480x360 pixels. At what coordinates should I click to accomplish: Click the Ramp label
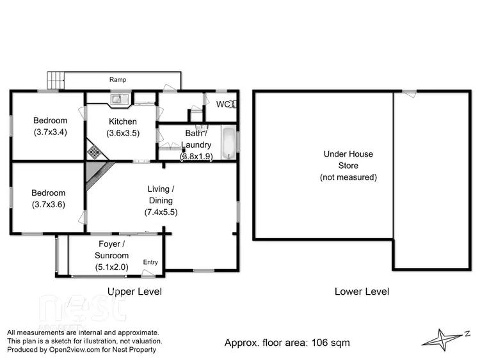(x=117, y=80)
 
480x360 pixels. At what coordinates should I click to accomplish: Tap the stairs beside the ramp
(x=56, y=80)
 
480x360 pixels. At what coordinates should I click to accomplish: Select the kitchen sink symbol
(x=118, y=98)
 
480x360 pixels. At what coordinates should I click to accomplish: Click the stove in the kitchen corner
(x=94, y=152)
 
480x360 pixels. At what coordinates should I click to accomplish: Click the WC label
(x=223, y=104)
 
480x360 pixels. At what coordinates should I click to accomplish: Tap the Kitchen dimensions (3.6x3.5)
(x=122, y=133)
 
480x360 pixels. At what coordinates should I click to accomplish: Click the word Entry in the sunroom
(x=150, y=262)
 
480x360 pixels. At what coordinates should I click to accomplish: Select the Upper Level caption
(x=134, y=292)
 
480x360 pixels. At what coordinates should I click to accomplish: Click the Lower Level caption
(x=362, y=292)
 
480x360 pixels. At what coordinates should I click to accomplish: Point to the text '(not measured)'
(x=348, y=177)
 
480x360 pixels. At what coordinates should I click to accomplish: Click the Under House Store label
(x=348, y=160)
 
